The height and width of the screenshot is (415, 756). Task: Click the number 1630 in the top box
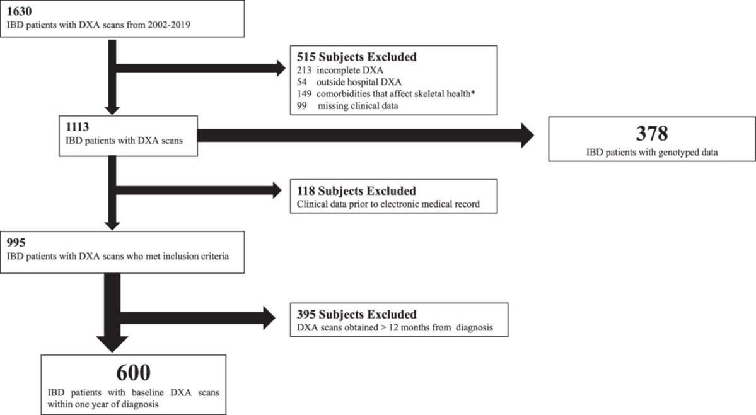[x=20, y=10]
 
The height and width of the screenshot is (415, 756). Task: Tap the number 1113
[x=77, y=127]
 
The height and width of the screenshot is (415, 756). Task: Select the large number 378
[x=652, y=134]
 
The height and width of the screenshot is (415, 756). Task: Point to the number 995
[x=16, y=242]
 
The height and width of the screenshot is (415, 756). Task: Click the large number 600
[x=133, y=373]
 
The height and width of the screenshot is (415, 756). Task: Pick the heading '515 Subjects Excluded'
[x=357, y=57]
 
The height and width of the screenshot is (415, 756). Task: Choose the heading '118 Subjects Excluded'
[x=356, y=191]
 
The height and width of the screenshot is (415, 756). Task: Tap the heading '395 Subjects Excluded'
[x=357, y=315]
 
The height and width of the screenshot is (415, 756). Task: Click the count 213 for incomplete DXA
[x=305, y=71]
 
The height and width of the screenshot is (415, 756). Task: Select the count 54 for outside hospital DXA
[x=302, y=82]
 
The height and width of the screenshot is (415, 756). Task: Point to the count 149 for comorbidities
[x=305, y=93]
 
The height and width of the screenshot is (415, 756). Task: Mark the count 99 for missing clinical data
[x=302, y=105]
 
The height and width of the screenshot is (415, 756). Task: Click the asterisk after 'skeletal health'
[x=473, y=92]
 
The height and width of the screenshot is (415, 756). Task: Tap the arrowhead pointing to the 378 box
[x=528, y=136]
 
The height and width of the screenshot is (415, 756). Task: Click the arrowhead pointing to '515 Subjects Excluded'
[x=281, y=68]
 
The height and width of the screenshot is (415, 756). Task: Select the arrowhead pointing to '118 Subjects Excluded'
[x=277, y=190]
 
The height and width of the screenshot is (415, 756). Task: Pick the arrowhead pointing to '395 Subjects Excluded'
[x=269, y=318]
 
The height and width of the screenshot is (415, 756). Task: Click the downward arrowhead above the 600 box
[x=112, y=344]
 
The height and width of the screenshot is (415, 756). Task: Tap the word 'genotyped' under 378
[x=677, y=152]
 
